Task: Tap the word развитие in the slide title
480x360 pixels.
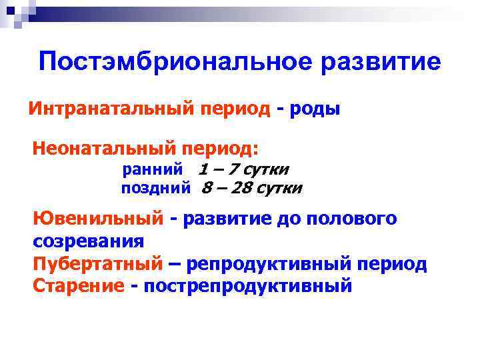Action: pyautogui.click(x=381, y=63)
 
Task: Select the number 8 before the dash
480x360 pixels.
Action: pyautogui.click(x=207, y=189)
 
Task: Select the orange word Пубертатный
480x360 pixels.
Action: pyautogui.click(x=97, y=264)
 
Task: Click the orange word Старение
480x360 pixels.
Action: pyautogui.click(x=78, y=286)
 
